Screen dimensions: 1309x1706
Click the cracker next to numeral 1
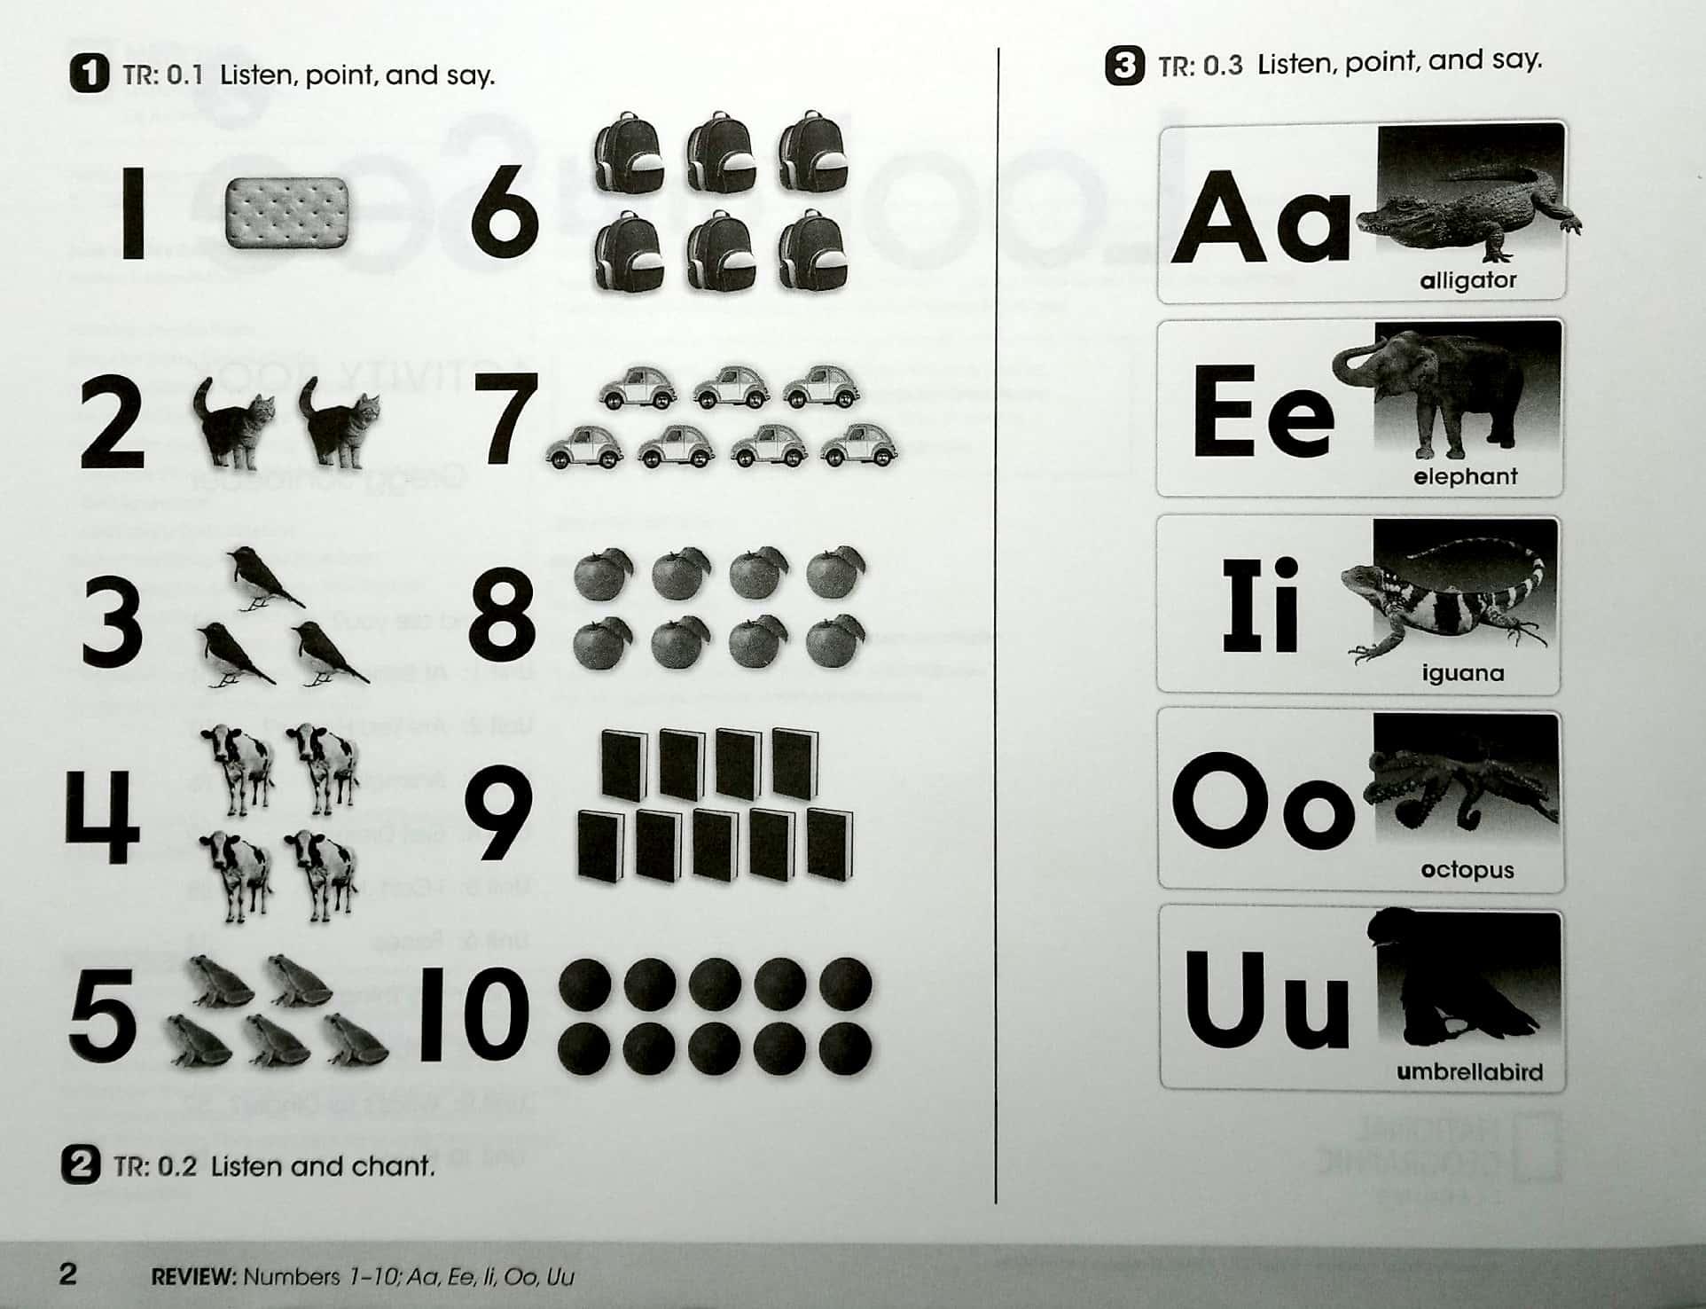286,214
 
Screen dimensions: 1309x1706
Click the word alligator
1467,281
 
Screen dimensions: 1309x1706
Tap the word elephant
1465,477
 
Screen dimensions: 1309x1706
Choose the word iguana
1463,673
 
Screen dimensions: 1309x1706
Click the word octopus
1467,870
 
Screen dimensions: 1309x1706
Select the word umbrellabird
1469,1072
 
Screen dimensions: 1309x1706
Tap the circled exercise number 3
1124,67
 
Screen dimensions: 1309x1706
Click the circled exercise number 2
81,1164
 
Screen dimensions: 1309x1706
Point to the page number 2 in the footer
68,1274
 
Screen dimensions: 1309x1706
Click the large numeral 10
475,1015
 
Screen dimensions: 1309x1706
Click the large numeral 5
104,1015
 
